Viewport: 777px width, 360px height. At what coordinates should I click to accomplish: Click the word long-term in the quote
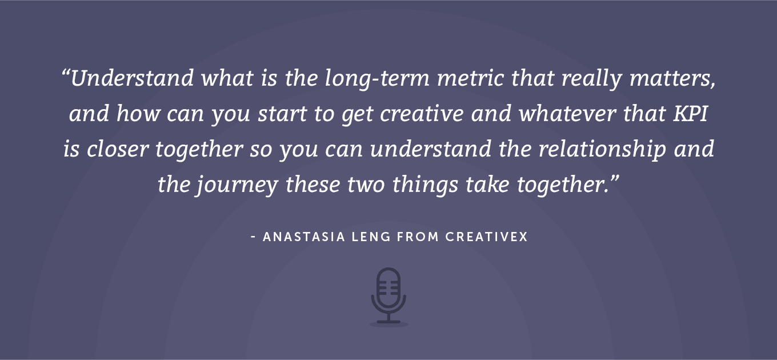click(377, 79)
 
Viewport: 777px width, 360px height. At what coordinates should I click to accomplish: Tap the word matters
click(672, 79)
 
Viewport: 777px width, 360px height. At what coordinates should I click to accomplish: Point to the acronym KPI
click(690, 114)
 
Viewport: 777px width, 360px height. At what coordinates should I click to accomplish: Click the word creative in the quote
click(422, 114)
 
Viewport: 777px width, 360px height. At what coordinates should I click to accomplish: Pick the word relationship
click(602, 150)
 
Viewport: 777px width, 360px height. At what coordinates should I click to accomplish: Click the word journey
click(238, 185)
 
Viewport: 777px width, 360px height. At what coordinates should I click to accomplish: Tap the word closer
click(118, 149)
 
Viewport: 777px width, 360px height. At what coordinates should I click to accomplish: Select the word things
click(425, 185)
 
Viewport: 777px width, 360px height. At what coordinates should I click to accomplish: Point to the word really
click(591, 79)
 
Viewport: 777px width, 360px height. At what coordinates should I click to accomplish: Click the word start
click(282, 114)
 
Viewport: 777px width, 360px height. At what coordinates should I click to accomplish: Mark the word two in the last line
click(366, 185)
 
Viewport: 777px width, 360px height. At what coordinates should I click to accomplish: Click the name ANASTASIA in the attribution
click(304, 237)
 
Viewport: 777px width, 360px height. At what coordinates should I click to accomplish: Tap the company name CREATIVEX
click(486, 237)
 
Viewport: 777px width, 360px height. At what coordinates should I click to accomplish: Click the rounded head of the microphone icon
click(388, 286)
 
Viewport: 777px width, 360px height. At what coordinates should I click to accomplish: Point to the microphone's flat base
click(388, 322)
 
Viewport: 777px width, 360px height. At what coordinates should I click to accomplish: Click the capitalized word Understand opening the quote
click(132, 78)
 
